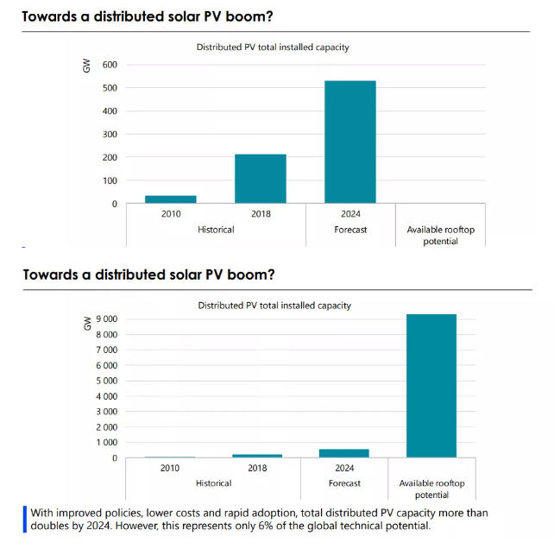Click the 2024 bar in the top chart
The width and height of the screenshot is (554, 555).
350,142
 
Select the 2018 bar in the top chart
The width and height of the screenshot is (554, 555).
260,179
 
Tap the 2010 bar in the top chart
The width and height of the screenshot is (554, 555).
170,199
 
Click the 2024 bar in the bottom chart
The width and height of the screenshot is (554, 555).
344,452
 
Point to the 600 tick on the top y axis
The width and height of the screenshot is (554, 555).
109,65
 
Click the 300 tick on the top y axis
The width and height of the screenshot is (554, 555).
109,135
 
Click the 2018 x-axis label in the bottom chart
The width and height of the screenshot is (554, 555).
257,468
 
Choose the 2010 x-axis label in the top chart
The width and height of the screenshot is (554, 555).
170,215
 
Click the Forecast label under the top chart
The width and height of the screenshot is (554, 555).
350,230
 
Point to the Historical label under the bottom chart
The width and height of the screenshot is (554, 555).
213,483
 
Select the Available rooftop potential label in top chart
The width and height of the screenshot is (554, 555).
440,235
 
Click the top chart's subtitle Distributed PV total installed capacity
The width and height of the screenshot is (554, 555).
273,47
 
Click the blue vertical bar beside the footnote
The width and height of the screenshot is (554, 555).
26,519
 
